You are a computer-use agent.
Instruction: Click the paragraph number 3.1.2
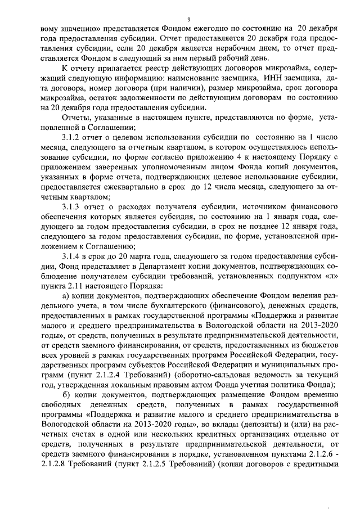[73, 137]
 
